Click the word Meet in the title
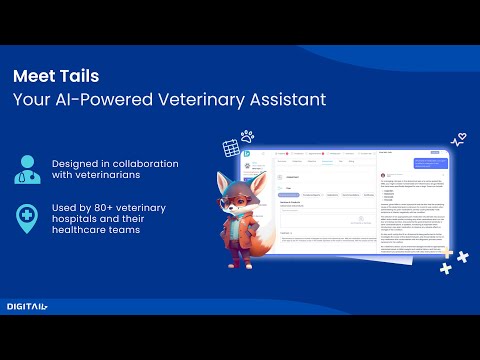35,76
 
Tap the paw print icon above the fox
246,135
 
